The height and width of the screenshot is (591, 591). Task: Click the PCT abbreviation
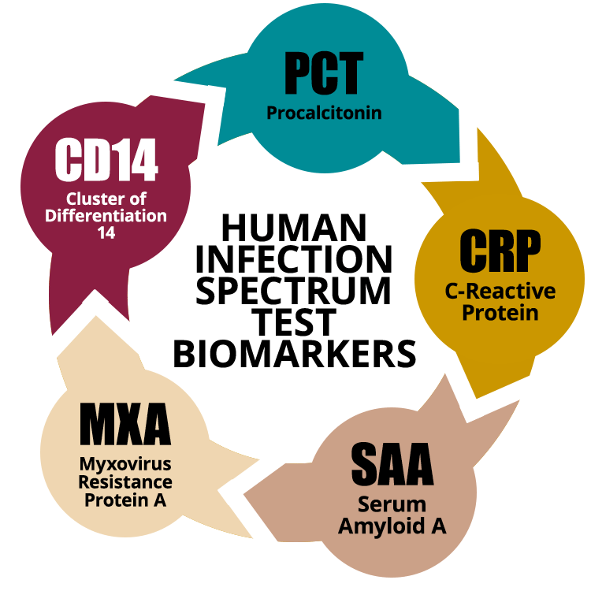coord(324,72)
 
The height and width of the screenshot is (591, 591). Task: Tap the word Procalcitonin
coord(324,113)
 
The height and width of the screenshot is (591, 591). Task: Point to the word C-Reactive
coord(500,291)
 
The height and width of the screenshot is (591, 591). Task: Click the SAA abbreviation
coord(392,463)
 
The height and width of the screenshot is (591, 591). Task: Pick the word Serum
coord(392,504)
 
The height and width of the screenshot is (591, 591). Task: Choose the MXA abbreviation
coord(125,424)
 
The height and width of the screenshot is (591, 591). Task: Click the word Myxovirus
coord(125,465)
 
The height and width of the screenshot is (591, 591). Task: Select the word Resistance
coord(125,482)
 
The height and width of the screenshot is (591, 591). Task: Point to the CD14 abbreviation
coord(106,159)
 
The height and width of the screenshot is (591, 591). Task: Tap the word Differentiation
coord(106,216)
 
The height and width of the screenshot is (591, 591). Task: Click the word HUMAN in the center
coord(294,227)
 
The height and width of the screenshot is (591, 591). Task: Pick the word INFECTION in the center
coord(294,259)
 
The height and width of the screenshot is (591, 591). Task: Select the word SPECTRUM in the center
coord(294,291)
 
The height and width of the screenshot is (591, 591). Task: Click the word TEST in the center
coord(294,322)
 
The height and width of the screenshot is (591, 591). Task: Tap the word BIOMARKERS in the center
coord(295,354)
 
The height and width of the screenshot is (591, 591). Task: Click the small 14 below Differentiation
coord(106,233)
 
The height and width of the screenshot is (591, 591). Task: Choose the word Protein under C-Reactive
coord(500,313)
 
